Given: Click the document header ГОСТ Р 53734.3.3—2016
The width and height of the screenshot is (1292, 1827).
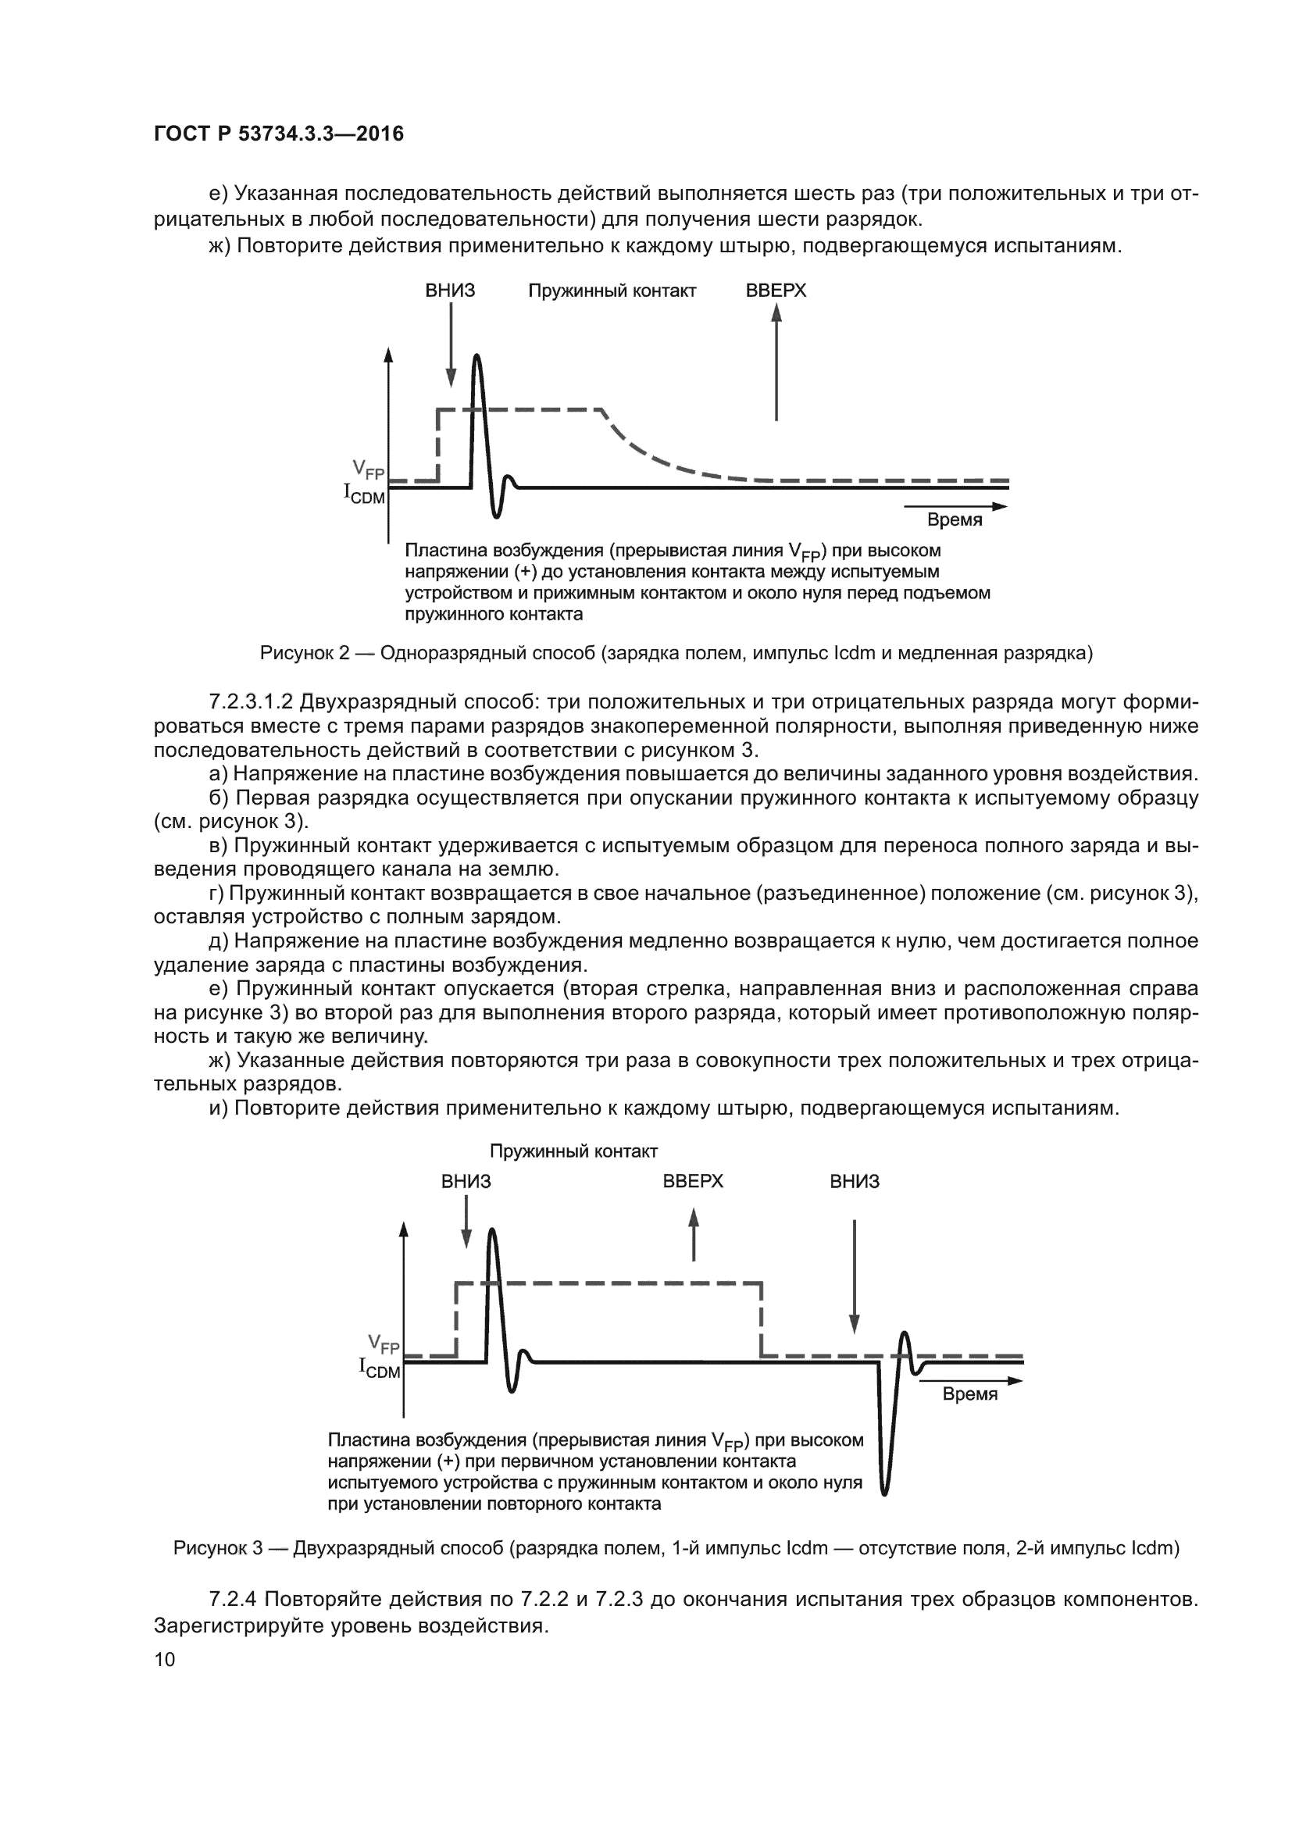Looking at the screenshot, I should (x=278, y=134).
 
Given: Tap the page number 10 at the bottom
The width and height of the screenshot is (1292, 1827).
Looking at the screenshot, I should (x=165, y=1659).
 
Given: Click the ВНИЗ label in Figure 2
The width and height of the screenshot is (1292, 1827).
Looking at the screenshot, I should (x=450, y=291).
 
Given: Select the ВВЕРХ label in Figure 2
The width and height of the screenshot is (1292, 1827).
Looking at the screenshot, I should (x=776, y=291).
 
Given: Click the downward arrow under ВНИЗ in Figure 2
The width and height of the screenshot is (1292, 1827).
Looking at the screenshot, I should (x=451, y=346).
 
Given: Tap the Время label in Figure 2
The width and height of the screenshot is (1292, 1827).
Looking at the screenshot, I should (x=955, y=519).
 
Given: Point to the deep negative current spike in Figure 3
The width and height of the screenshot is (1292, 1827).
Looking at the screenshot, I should (x=885, y=1480).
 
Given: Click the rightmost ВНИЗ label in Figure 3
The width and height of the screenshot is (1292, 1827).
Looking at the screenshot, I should (x=855, y=1181).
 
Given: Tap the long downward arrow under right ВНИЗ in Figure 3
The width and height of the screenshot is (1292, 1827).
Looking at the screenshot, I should (x=855, y=1273).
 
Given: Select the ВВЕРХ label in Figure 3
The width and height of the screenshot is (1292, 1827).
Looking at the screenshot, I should (x=693, y=1181).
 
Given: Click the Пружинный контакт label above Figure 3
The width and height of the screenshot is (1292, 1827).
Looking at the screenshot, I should (x=573, y=1151).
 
